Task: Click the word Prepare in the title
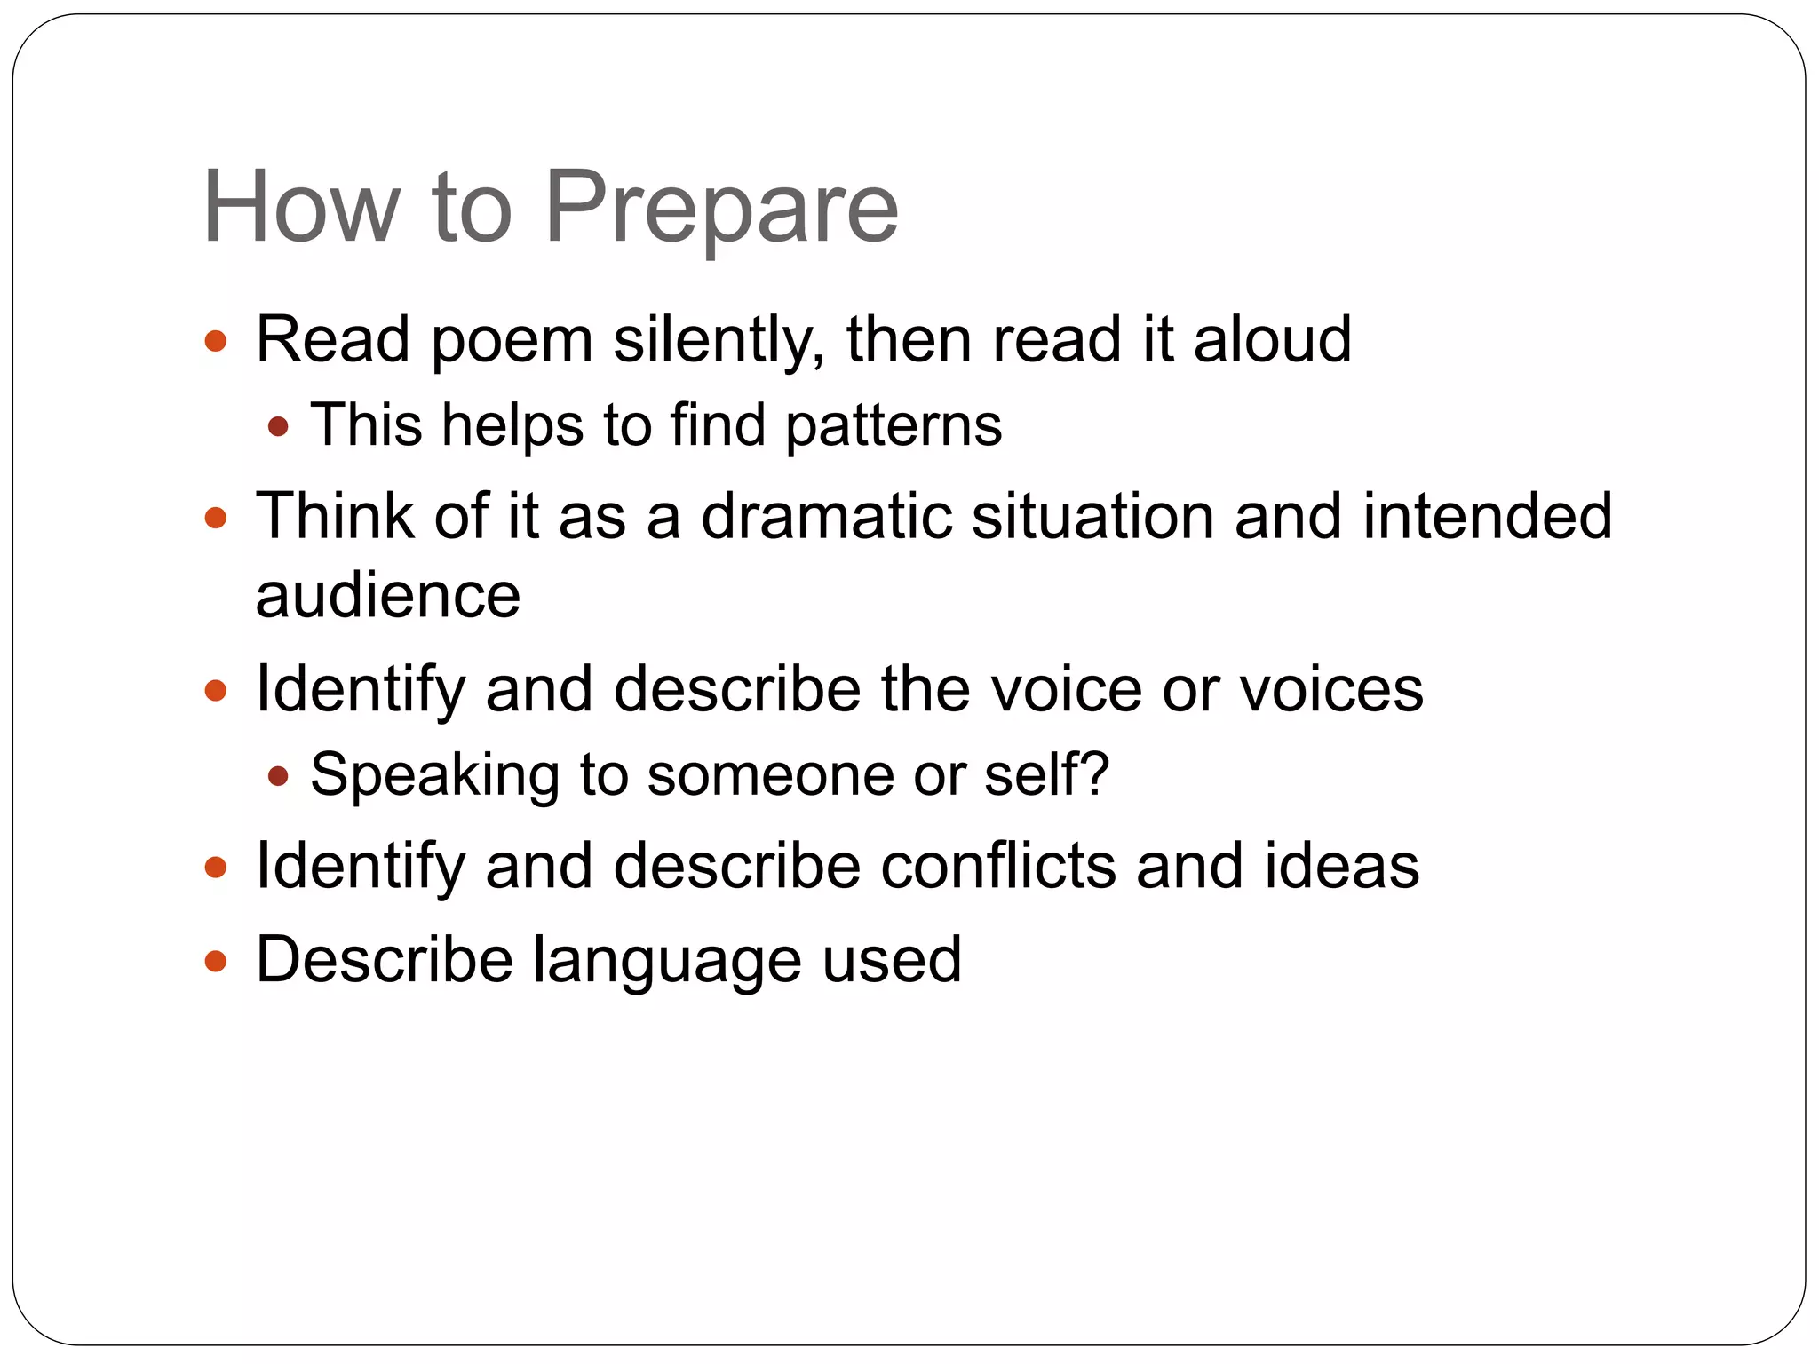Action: pos(721,210)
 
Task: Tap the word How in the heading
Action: pos(301,208)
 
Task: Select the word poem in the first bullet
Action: pos(512,341)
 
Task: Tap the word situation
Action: pos(1092,516)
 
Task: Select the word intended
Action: pos(1487,516)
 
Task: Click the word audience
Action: pos(387,595)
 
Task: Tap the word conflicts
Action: pos(997,866)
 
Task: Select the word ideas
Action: pos(1341,866)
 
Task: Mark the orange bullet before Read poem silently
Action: pos(216,341)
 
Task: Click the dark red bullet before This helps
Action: pos(278,427)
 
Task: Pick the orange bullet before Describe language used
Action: pos(216,961)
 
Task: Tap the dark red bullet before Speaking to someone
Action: pos(278,777)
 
